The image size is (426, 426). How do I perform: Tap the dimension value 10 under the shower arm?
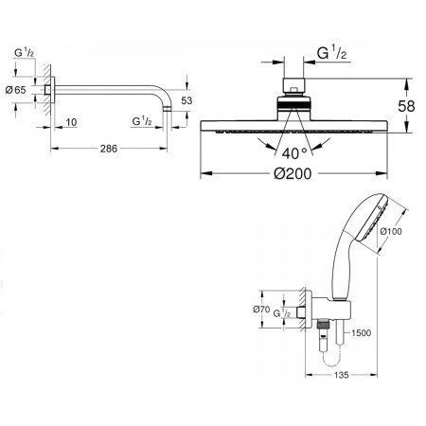(71, 122)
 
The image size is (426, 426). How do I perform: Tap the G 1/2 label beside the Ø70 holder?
(271, 320)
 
